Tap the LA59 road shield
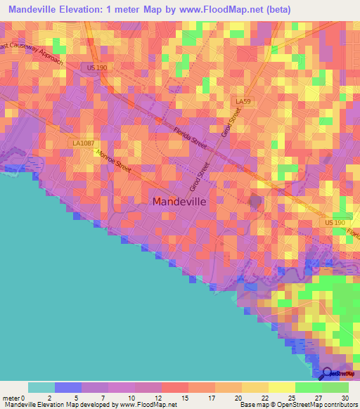pyautogui.click(x=243, y=102)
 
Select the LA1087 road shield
pyautogui.click(x=82, y=143)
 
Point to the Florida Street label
pyautogui.click(x=191, y=134)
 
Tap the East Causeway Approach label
pyautogui.click(x=32, y=53)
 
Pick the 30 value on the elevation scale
pyautogui.click(x=344, y=397)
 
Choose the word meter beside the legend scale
pyautogui.click(x=11, y=397)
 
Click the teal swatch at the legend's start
pyautogui.click(x=41, y=387)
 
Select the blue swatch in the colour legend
pyautogui.click(x=68, y=387)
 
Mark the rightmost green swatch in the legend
pyautogui.click(x=335, y=387)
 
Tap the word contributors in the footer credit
pyautogui.click(x=340, y=405)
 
